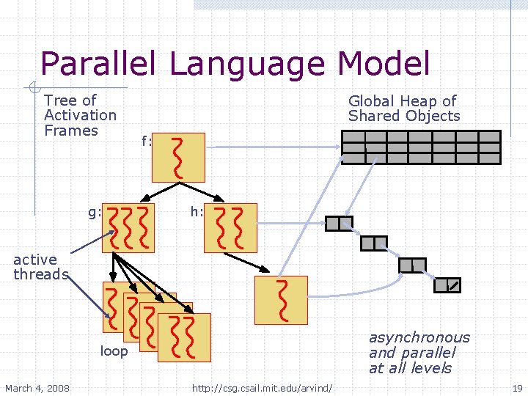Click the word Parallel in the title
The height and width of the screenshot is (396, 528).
pyautogui.click(x=97, y=64)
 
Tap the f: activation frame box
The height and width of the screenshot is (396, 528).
pyautogui.click(x=178, y=158)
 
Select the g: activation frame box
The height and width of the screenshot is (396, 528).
pyautogui.click(x=128, y=228)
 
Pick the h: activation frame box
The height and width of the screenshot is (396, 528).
pyautogui.click(x=230, y=228)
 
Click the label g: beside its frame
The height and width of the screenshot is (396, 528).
pyautogui.click(x=94, y=213)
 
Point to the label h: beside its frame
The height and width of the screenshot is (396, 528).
pyautogui.click(x=197, y=213)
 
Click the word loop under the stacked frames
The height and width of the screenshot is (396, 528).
pyautogui.click(x=114, y=351)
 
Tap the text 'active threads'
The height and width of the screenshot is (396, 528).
pyautogui.click(x=40, y=267)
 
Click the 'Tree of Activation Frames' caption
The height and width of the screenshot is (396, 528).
pyautogui.click(x=80, y=115)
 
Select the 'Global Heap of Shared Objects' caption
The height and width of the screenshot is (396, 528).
pyautogui.click(x=403, y=109)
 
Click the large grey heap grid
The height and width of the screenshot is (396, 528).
pyautogui.click(x=422, y=147)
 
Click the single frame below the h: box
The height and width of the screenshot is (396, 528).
pyautogui.click(x=281, y=300)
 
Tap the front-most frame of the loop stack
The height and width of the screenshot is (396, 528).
pyautogui.click(x=184, y=337)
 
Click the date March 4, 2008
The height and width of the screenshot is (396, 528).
pyautogui.click(x=36, y=387)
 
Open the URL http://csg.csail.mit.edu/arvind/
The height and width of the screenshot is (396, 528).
pyautogui.click(x=263, y=387)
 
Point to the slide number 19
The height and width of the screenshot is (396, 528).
pyautogui.click(x=517, y=387)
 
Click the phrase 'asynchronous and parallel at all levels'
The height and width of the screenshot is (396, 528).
pyautogui.click(x=419, y=353)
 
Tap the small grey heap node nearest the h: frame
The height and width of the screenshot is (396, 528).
pyautogui.click(x=339, y=223)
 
